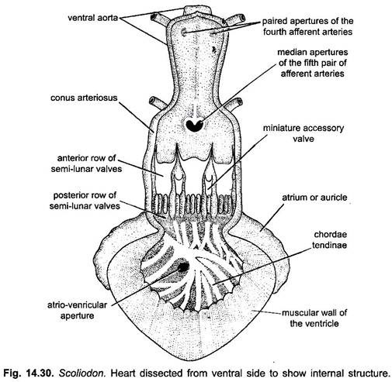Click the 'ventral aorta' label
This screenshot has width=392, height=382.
93,18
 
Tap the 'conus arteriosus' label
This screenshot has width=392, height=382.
84,98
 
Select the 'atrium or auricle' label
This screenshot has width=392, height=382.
314,198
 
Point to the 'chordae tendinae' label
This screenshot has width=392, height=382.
329,239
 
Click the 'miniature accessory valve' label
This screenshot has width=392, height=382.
304,133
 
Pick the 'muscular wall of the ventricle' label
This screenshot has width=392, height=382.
314,318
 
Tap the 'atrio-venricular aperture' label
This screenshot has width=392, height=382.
77,310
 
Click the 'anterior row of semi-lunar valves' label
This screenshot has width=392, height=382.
86,163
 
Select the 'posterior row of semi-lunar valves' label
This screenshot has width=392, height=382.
85,201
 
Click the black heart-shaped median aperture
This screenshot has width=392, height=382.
195,125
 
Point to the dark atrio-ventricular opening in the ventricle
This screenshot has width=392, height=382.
183,267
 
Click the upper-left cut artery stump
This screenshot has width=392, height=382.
159,19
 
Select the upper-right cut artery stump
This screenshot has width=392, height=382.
236,19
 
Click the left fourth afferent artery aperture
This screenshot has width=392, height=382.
184,33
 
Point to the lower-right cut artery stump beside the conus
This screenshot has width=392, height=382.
234,104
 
